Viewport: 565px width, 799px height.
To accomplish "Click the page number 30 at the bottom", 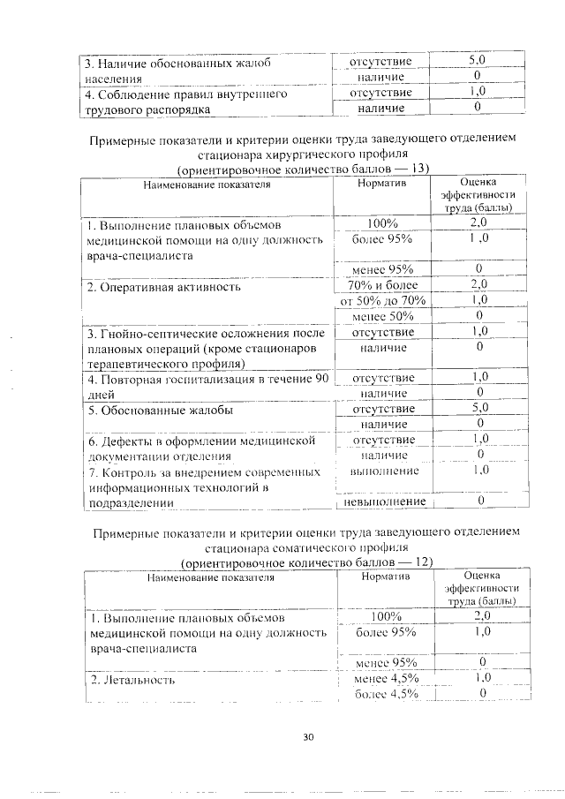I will pos(307,738).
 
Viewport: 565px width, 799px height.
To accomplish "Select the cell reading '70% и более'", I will pos(382,284).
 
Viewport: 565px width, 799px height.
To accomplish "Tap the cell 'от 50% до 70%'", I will pos(382,300).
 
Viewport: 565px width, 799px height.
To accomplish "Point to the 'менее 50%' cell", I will pos(382,316).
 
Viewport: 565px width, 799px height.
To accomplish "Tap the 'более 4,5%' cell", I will pos(386,694).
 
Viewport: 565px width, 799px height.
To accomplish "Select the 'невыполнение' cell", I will pos(383,501).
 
